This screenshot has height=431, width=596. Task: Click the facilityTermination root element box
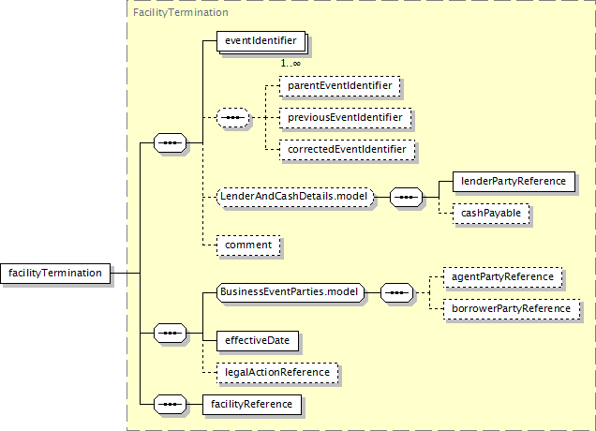click(x=55, y=274)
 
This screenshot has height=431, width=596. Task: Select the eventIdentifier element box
click(x=261, y=41)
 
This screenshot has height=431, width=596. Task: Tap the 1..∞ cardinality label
click(x=291, y=63)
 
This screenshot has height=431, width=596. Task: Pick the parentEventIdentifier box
click(x=340, y=86)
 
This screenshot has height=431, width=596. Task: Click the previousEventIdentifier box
click(x=345, y=118)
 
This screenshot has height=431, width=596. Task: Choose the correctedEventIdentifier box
click(x=347, y=150)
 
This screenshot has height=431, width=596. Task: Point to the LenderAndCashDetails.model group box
click(x=295, y=198)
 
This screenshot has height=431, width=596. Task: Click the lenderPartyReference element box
click(x=514, y=181)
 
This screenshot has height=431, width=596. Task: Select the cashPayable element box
click(x=491, y=214)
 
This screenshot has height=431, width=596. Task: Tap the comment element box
click(x=248, y=245)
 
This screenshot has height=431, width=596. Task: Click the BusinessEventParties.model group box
click(x=290, y=292)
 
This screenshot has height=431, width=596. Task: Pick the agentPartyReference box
click(x=502, y=277)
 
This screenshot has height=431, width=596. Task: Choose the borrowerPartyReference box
click(x=512, y=309)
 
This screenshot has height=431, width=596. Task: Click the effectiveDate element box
click(x=258, y=340)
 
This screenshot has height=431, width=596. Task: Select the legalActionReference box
click(x=277, y=373)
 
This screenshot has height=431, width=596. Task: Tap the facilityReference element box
click(x=252, y=405)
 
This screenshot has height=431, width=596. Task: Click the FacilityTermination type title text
click(x=181, y=12)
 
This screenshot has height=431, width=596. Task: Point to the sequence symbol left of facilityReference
click(x=170, y=405)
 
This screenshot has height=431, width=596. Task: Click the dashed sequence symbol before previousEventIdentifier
click(x=233, y=118)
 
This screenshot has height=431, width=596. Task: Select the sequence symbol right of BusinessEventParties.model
click(x=396, y=292)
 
